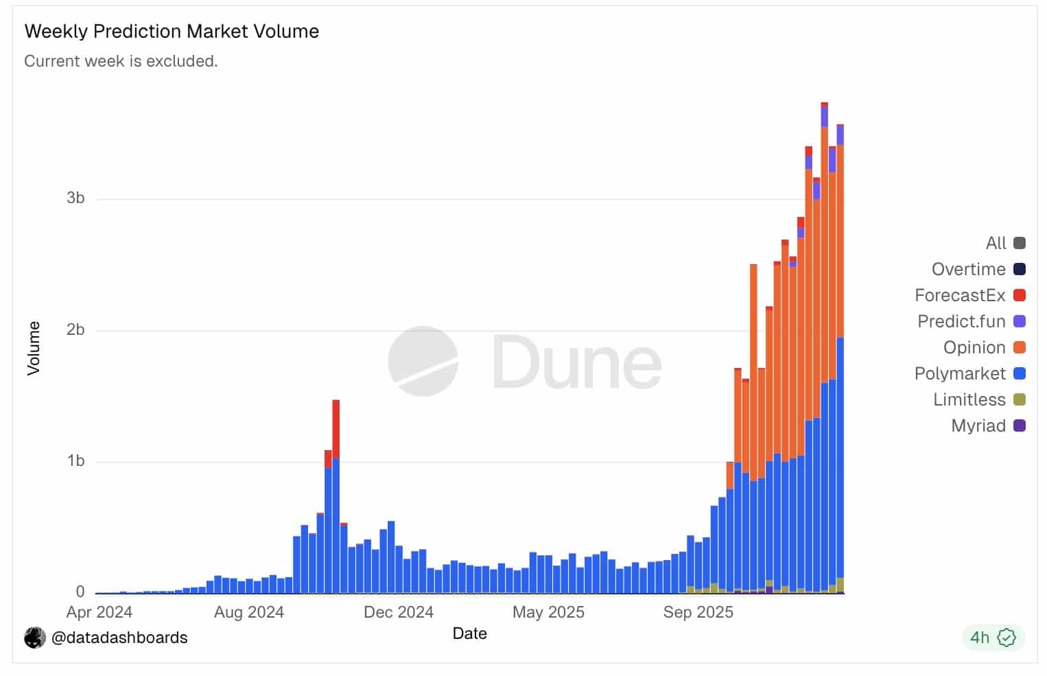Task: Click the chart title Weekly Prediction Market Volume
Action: tap(172, 32)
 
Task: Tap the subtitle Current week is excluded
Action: tap(121, 61)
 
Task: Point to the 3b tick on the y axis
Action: tap(75, 198)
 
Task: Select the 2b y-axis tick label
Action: tap(75, 330)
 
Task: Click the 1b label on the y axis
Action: tap(75, 461)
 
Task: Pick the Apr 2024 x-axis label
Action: tap(99, 612)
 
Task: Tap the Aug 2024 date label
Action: tap(249, 612)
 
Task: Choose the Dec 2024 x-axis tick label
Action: tap(399, 612)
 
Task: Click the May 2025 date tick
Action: tap(548, 612)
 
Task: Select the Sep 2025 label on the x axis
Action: tap(698, 612)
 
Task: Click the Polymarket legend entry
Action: tap(960, 374)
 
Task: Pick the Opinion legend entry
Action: tap(974, 348)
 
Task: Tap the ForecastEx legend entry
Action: tap(960, 296)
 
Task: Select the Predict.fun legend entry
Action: tap(961, 322)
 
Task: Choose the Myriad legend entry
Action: tap(978, 426)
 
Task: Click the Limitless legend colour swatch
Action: tap(1020, 400)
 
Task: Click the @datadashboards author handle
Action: tap(119, 638)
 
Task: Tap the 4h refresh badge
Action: tap(992, 638)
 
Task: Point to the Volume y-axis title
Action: tap(34, 348)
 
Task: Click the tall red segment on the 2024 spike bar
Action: tap(336, 428)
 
